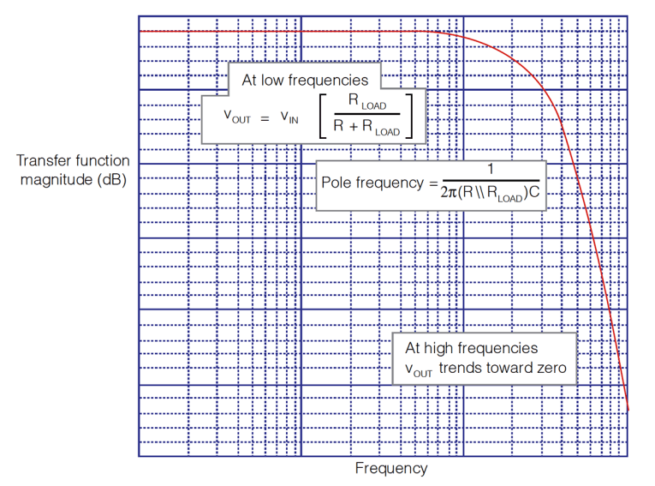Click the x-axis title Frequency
[390, 468]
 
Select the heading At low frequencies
[305, 80]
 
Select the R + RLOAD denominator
[367, 130]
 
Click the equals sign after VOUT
[265, 117]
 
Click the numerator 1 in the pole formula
[491, 168]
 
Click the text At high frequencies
[472, 348]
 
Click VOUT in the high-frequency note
[420, 370]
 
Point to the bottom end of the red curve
[628, 408]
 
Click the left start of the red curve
[140, 31]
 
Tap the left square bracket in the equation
[324, 117]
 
